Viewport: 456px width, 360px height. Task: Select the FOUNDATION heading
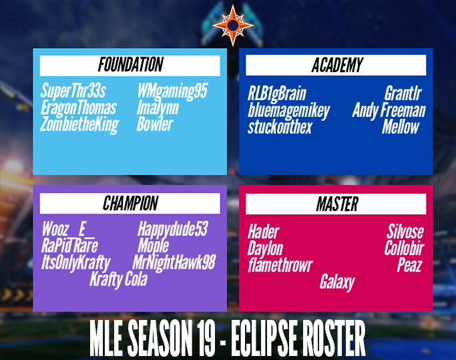130,65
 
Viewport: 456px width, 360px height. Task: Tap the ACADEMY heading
336,65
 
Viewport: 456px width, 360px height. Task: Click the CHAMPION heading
130,204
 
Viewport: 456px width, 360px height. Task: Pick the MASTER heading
336,204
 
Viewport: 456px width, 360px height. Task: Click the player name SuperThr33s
73,92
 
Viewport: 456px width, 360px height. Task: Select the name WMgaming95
172,92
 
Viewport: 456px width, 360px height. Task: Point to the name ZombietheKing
79,124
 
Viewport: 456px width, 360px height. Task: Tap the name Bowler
155,124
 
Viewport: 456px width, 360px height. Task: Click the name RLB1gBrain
276,94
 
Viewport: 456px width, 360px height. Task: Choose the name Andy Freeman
389,110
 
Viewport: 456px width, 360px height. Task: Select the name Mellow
401,127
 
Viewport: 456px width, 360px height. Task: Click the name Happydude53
173,230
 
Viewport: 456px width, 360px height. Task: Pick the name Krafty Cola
118,279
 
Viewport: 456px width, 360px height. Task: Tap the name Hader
263,232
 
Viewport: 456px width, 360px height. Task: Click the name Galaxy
337,283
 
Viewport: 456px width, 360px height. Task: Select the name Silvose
405,232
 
